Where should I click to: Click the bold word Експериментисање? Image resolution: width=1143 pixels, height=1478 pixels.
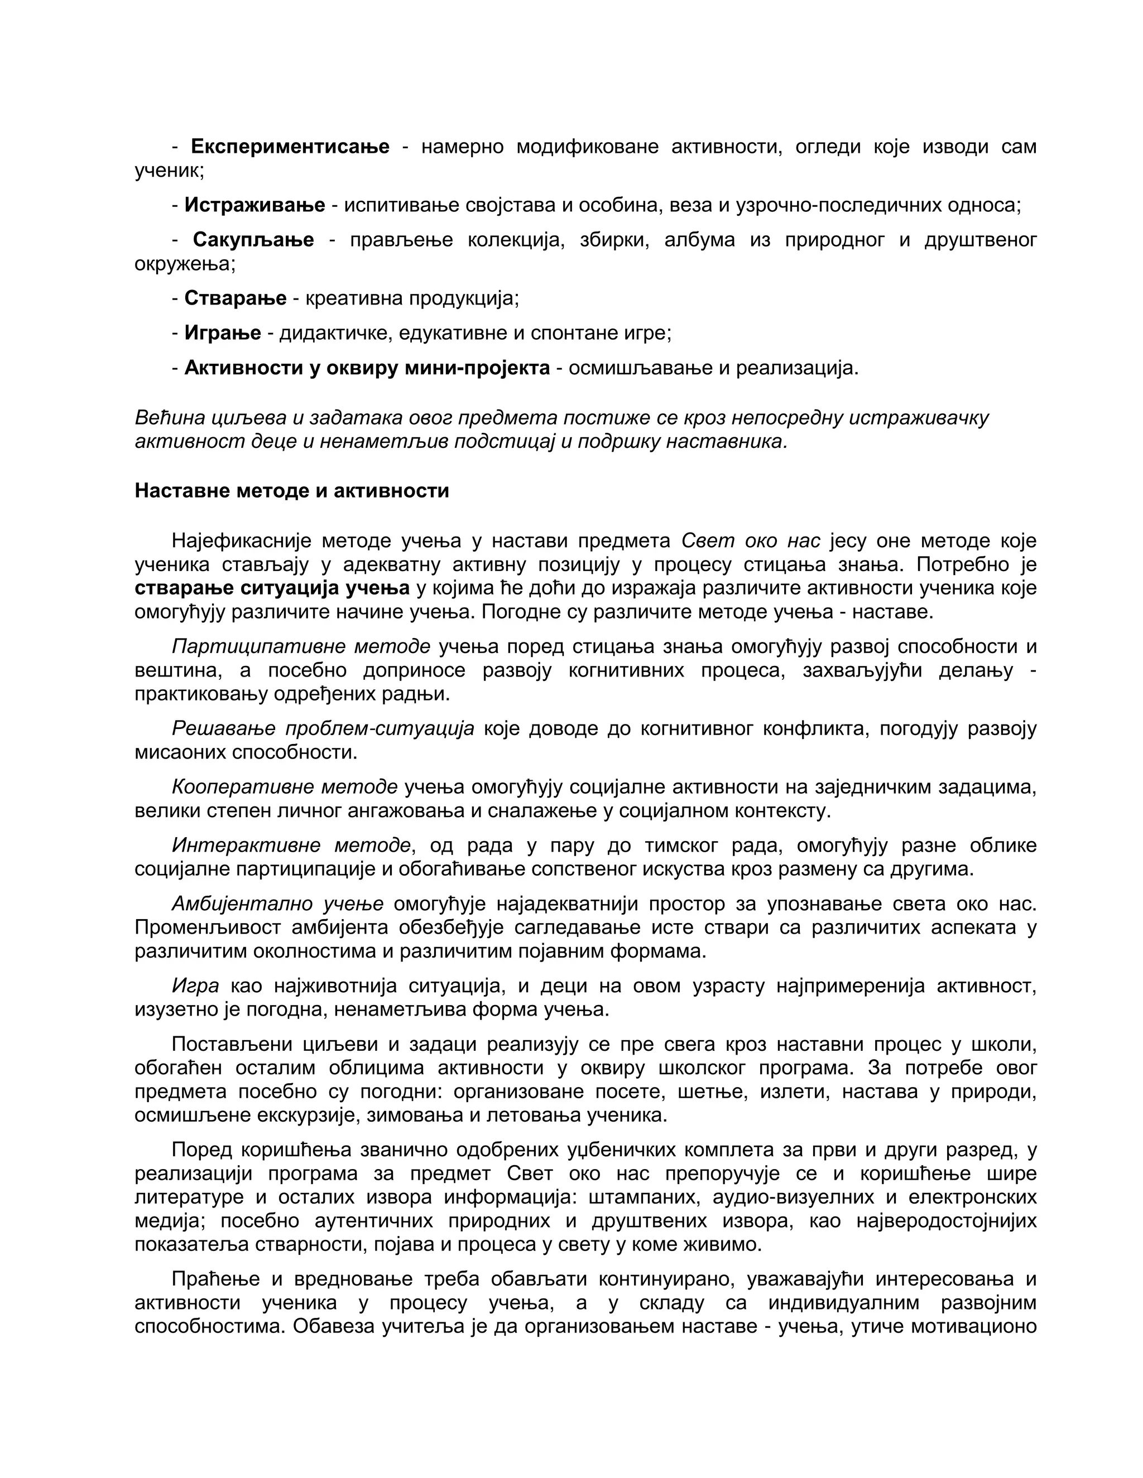[x=290, y=147]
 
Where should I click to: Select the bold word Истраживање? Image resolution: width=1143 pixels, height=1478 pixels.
[x=254, y=205]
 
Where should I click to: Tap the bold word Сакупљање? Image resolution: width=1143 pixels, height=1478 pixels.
[x=253, y=240]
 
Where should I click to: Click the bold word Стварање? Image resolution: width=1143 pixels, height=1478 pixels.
[x=235, y=298]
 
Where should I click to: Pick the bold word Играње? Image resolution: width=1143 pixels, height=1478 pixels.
[x=223, y=334]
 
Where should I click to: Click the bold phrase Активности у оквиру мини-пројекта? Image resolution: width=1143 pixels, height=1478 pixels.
[x=367, y=369]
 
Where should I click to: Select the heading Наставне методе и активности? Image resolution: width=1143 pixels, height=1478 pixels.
[x=292, y=491]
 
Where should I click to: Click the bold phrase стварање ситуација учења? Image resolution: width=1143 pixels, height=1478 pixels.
[x=272, y=588]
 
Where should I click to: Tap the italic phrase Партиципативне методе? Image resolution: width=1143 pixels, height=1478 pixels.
[x=301, y=647]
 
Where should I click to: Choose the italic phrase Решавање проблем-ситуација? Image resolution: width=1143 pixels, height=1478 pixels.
[x=323, y=729]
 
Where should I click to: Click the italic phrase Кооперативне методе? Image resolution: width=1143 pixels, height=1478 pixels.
[x=285, y=787]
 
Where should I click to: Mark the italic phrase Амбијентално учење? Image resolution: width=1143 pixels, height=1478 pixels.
[x=277, y=904]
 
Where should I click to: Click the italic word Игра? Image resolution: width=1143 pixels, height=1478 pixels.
[x=195, y=986]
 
